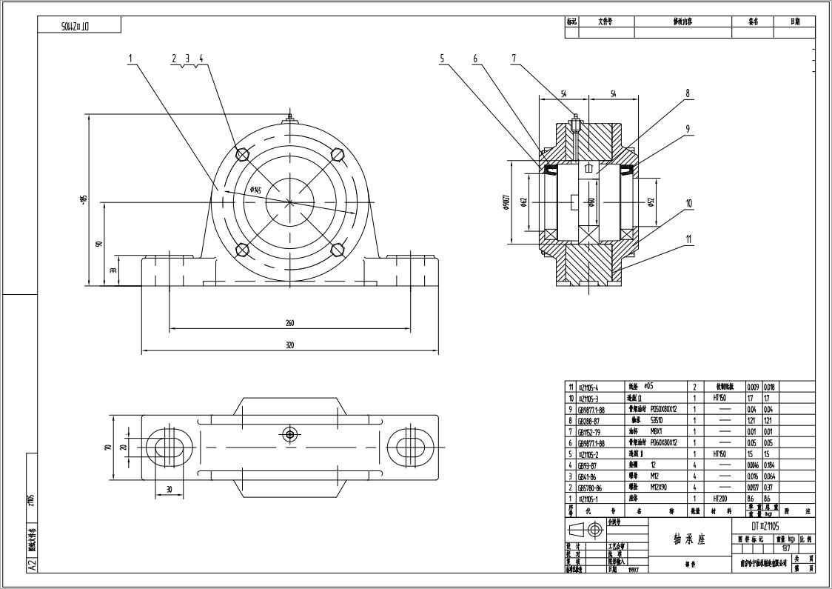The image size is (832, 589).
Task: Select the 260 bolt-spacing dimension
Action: point(289,323)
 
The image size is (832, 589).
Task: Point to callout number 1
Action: point(130,58)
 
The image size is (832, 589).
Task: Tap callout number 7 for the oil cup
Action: point(513,58)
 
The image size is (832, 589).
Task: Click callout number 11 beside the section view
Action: point(688,239)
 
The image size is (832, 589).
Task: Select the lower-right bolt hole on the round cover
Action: point(338,250)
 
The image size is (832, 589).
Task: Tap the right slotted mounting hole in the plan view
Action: point(408,447)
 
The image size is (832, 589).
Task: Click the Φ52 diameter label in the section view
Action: point(651,202)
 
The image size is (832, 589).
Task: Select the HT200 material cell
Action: point(720,499)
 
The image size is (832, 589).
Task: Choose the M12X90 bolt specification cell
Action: point(661,487)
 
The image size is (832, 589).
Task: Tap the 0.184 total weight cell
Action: point(770,465)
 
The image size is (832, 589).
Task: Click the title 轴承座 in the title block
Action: point(689,540)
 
